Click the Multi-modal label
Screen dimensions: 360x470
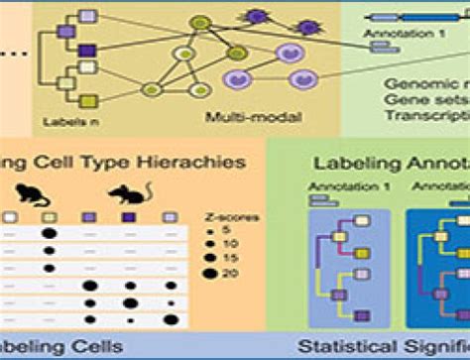coord(240,118)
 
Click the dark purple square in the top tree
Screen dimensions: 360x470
coord(89,51)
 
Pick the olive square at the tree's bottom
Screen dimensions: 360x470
coord(88,102)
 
